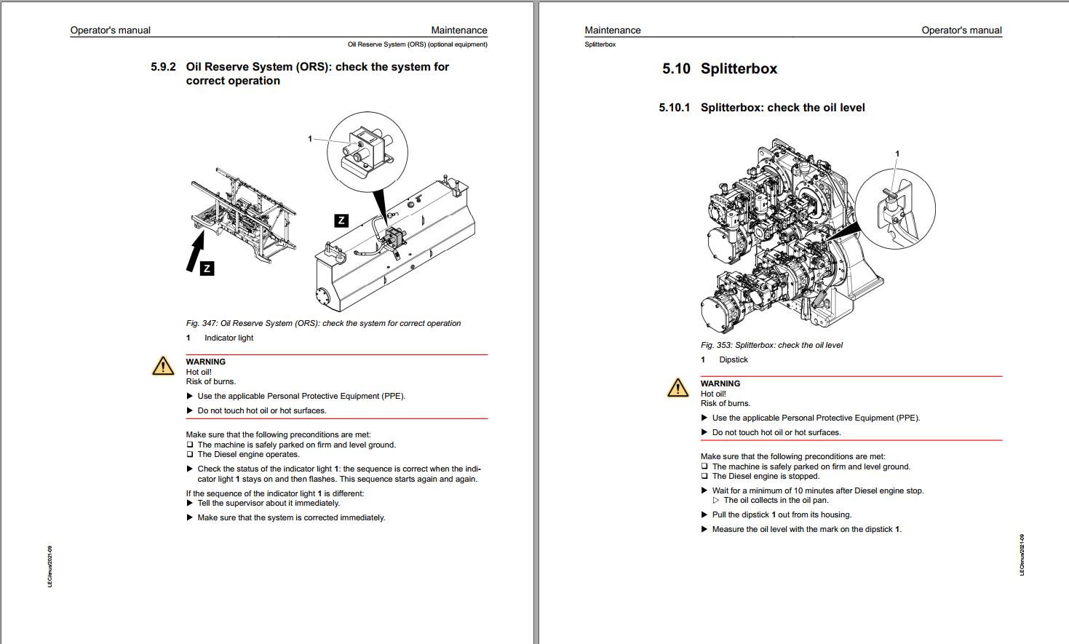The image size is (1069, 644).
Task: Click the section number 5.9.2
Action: pyautogui.click(x=163, y=67)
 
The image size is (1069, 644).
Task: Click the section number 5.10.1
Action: pyautogui.click(x=674, y=108)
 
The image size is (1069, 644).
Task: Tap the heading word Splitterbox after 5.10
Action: pyautogui.click(x=739, y=69)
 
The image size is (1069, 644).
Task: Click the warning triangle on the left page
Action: pyautogui.click(x=163, y=366)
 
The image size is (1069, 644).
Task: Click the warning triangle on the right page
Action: pyautogui.click(x=677, y=388)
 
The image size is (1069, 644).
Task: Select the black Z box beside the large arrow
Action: pyautogui.click(x=207, y=269)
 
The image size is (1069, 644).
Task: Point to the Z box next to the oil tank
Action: pyautogui.click(x=341, y=220)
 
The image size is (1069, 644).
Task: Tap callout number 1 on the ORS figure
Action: pyautogui.click(x=310, y=138)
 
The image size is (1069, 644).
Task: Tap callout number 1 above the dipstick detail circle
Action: pyautogui.click(x=897, y=154)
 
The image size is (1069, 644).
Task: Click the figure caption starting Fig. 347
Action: pyautogui.click(x=323, y=323)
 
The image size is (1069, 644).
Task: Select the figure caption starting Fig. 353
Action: pyautogui.click(x=771, y=345)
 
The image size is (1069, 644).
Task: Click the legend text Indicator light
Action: pyautogui.click(x=228, y=338)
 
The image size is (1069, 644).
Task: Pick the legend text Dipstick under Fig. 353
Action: pyautogui.click(x=734, y=359)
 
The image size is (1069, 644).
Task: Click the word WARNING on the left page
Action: pyautogui.click(x=206, y=362)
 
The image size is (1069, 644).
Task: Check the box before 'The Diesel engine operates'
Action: pyautogui.click(x=190, y=455)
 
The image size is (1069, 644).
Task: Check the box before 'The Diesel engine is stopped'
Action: pyautogui.click(x=704, y=477)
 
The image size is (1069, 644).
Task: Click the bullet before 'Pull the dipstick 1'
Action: pyautogui.click(x=704, y=514)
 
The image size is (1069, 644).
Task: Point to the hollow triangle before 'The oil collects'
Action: pyautogui.click(x=716, y=501)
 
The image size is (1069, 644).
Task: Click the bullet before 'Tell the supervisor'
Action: pyautogui.click(x=190, y=503)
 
